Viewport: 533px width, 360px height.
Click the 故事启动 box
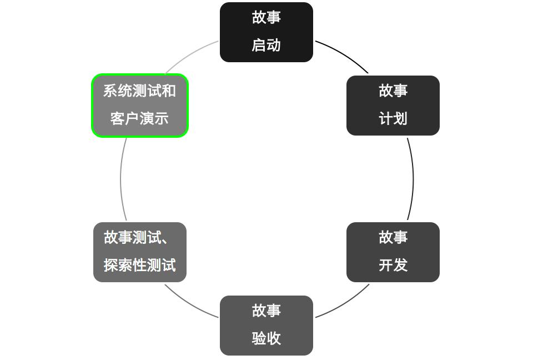pos(266,32)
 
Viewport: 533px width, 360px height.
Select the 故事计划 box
pos(393,105)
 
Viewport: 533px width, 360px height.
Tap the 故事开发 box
pos(393,252)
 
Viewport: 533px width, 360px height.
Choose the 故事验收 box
pos(266,325)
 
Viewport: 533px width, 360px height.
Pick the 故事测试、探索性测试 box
pos(140,252)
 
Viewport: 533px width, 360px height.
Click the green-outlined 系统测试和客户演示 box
pos(140,105)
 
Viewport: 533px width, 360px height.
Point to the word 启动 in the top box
pos(266,46)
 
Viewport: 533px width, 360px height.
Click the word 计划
pos(393,119)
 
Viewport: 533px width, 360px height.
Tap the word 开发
pos(393,266)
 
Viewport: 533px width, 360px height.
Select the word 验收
pos(266,339)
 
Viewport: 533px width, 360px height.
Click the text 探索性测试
pos(140,266)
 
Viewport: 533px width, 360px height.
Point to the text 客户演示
pos(140,119)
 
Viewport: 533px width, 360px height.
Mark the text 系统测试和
pos(140,91)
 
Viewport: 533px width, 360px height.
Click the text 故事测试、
pos(137,238)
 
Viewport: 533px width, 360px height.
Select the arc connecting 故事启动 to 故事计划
pos(344,54)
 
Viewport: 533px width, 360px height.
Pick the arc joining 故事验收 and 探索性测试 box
pos(189,304)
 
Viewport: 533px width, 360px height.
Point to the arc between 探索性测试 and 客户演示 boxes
pos(120,179)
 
